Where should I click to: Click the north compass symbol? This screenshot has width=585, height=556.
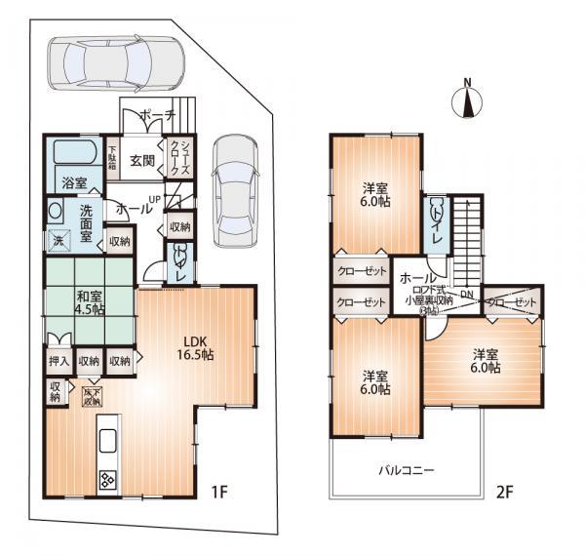click(x=468, y=99)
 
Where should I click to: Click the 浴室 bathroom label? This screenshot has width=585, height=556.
click(x=74, y=181)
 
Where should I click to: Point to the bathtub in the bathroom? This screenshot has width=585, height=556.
click(x=74, y=154)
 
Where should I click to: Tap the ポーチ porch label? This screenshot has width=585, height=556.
click(x=157, y=116)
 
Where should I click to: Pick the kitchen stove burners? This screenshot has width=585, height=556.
click(x=105, y=480)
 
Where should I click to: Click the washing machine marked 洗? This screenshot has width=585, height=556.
click(x=58, y=239)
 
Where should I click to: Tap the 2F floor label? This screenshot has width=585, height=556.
click(x=503, y=491)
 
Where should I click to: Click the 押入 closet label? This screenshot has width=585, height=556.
click(x=57, y=361)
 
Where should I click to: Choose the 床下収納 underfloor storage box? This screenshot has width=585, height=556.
click(x=92, y=397)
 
